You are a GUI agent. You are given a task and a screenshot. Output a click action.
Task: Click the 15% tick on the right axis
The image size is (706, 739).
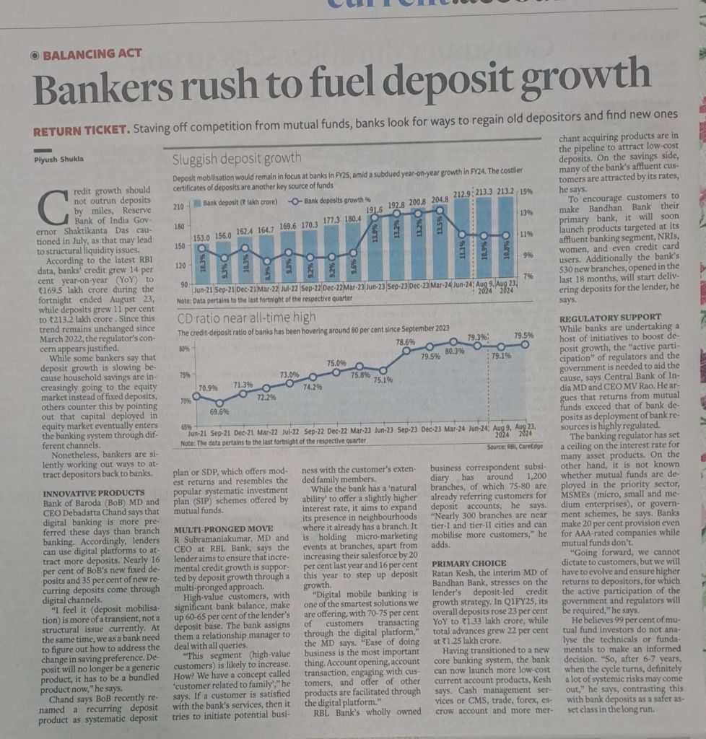tap(527, 191)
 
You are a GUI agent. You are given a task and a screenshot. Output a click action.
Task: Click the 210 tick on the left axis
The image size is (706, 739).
tap(180, 207)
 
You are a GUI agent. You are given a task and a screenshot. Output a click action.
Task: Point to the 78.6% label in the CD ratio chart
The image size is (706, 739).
tap(406, 341)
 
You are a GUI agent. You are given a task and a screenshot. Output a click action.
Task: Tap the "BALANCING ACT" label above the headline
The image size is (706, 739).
tap(92, 53)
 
